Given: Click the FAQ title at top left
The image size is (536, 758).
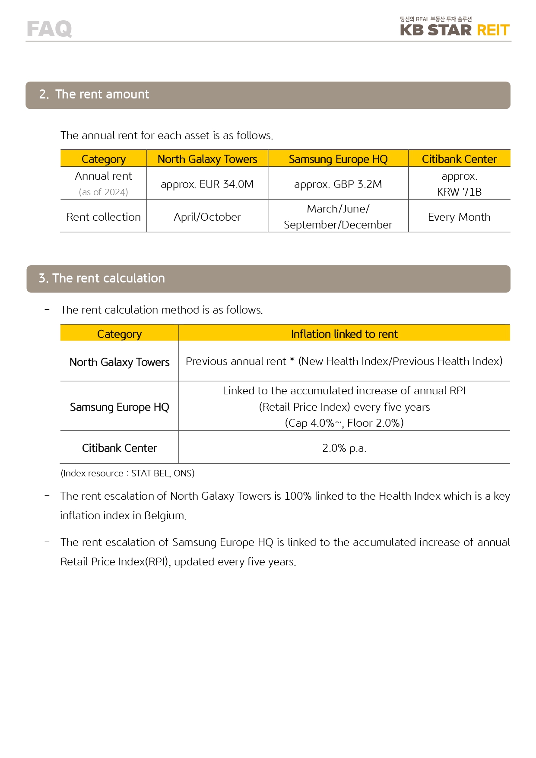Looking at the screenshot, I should point(49,29).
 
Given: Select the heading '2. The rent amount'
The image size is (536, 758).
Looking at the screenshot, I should point(94,95).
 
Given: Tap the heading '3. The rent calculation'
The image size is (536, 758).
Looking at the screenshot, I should point(102,279).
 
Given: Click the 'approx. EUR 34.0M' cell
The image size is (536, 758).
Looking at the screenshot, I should point(207,184).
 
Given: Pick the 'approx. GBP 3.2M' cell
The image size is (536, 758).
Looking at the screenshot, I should point(338,184).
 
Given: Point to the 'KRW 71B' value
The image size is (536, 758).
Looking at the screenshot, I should point(459,192).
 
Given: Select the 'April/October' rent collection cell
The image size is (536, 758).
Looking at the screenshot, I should point(207,217).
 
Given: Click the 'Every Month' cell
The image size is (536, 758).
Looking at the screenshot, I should point(459,217).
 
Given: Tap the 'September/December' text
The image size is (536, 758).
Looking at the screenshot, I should point(338,225).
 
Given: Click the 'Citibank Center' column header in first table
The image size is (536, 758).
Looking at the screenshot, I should point(459,159).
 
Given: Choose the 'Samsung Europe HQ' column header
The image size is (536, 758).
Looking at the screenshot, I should point(338,159).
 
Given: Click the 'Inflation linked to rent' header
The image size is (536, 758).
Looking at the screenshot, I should point(344,334).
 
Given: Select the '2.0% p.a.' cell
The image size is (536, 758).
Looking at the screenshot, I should point(344,448).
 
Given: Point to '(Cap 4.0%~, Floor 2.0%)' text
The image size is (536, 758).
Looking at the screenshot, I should point(344,423).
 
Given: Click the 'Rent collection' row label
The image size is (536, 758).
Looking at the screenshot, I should point(104,217).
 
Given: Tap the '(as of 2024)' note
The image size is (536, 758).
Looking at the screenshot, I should point(104,192).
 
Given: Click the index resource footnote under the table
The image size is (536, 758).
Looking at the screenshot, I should point(127,473).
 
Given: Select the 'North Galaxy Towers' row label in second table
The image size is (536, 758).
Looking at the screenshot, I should point(120,362).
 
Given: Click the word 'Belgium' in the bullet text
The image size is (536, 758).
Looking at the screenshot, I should point(165,516).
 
